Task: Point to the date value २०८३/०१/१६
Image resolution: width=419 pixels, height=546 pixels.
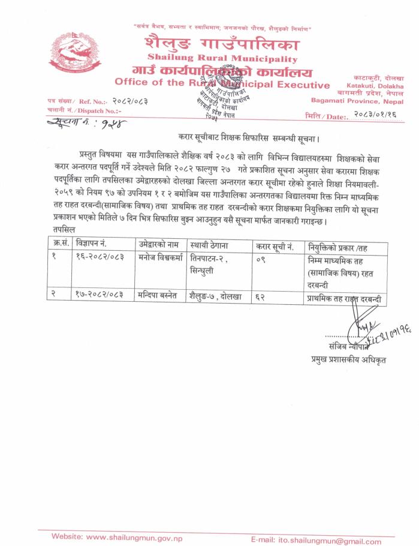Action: pyautogui.click(x=379, y=113)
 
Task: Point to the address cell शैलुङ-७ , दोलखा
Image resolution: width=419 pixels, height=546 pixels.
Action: pyautogui.click(x=215, y=296)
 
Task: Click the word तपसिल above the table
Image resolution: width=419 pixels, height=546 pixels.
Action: pyautogui.click(x=58, y=230)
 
